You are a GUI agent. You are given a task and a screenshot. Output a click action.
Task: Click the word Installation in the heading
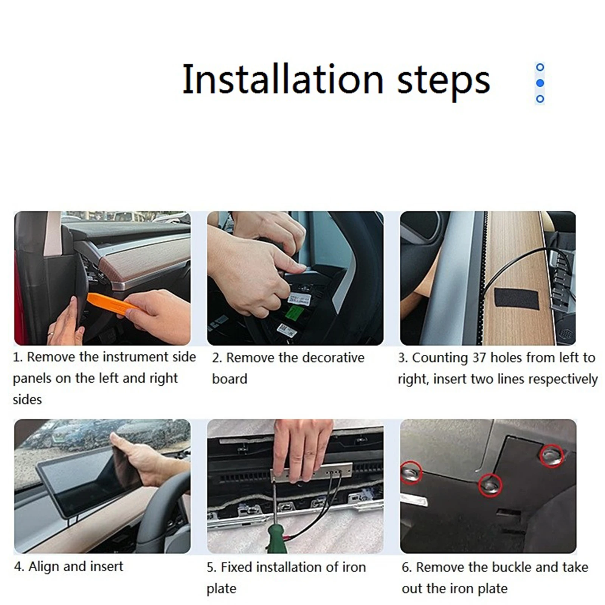283,79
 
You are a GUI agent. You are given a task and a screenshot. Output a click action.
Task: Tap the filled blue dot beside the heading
540,83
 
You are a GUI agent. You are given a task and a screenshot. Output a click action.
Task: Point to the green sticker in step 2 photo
295,312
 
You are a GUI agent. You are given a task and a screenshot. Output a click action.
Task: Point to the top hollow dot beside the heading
540,67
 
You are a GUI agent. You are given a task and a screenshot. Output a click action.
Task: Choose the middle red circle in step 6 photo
490,485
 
